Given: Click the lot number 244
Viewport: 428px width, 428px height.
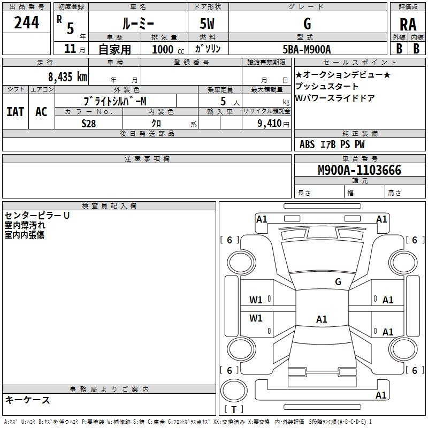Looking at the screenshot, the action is (26, 22).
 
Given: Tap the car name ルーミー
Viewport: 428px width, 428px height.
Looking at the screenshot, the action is (138, 24).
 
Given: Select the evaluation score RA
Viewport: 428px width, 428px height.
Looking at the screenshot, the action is (408, 25).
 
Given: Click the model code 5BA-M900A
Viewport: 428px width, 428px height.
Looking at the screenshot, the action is (307, 49).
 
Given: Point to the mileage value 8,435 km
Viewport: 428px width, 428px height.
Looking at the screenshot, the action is (67, 77).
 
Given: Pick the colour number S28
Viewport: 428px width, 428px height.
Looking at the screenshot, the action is (89, 124).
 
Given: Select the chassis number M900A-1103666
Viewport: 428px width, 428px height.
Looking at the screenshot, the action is (360, 170).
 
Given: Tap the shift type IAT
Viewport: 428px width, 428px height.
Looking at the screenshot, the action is (15, 112).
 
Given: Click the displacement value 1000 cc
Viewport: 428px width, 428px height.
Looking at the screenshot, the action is (168, 49).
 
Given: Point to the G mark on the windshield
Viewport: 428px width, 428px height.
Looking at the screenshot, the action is (338, 281).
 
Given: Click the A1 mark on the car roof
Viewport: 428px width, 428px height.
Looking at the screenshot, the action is (322, 319).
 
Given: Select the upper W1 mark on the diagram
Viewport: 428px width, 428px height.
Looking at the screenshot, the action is (256, 300).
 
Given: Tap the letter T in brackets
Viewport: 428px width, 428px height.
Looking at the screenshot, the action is (234, 409).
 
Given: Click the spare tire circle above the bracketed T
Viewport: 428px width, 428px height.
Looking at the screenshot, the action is (234, 391).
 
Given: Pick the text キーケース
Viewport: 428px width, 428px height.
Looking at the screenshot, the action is (27, 400).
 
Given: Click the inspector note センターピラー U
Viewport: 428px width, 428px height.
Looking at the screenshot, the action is (37, 216).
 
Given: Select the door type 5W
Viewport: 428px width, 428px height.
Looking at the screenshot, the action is (207, 24).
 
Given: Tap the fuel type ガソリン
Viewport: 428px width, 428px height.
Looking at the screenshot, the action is (208, 49).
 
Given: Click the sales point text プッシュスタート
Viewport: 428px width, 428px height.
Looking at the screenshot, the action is (326, 86).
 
